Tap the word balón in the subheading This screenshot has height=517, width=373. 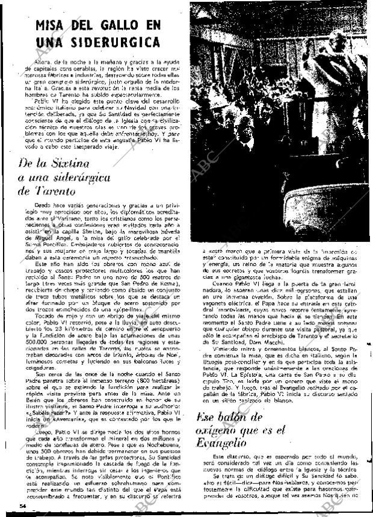click(241, 416)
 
